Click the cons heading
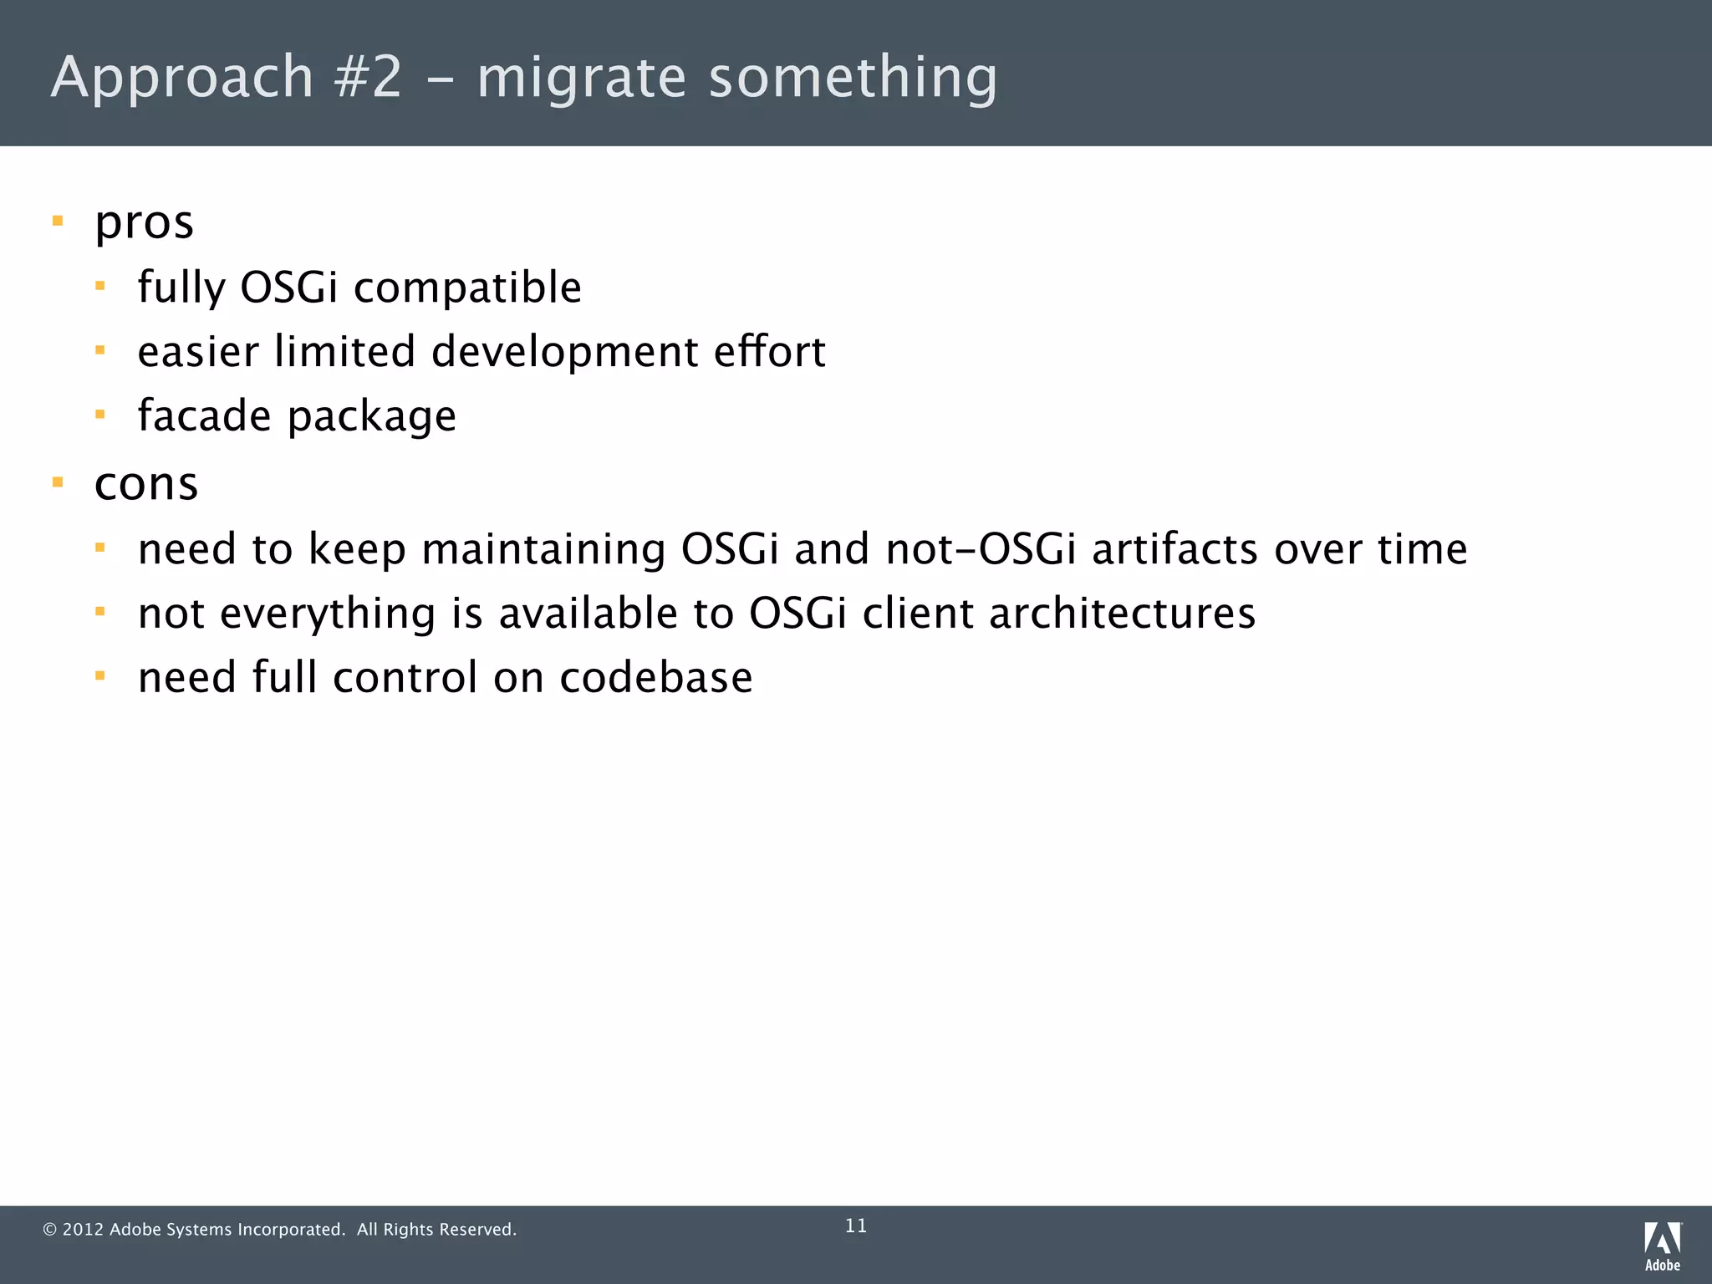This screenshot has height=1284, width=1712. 146,485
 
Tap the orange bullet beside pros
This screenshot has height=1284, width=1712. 58,222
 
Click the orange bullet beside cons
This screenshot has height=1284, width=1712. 58,482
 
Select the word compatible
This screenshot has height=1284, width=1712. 467,288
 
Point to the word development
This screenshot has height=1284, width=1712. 564,352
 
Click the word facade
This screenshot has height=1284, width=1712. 204,415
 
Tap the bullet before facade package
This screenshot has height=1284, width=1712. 100,414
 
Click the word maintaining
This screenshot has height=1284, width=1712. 543,550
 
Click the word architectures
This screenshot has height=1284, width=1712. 1122,614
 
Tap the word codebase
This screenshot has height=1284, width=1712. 655,677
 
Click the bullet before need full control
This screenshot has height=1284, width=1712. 100,675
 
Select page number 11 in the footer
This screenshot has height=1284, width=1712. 856,1226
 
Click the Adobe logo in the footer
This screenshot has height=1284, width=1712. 1663,1246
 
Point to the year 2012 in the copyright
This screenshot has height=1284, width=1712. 83,1230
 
